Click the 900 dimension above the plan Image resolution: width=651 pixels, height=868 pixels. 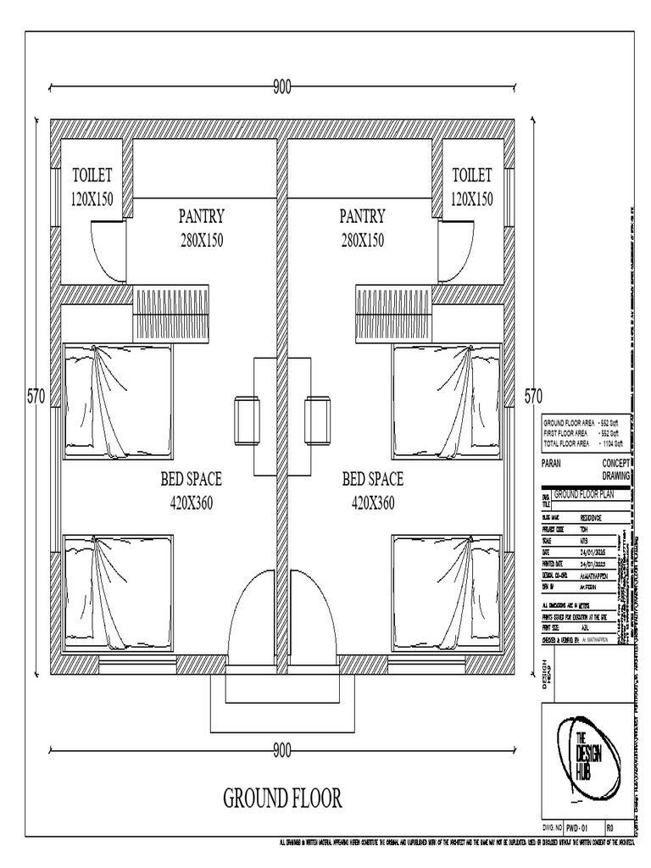click(281, 86)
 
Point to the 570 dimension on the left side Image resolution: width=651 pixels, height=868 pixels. click(36, 396)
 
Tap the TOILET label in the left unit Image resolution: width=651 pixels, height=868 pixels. click(92, 175)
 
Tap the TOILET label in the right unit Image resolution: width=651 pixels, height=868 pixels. click(472, 175)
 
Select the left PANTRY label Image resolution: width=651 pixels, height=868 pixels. click(201, 216)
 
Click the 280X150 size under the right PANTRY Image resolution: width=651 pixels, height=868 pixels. click(362, 240)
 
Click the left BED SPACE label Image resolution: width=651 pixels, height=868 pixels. click(191, 480)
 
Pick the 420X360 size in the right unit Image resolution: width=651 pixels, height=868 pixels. click(373, 503)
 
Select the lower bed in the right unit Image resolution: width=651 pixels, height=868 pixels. click(447, 592)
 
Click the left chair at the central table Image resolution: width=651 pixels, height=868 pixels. click(248, 420)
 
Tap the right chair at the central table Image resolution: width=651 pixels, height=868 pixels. click(318, 420)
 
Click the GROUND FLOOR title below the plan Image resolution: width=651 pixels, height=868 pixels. click(282, 798)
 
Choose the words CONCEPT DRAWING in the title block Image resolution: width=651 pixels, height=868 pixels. click(615, 470)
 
